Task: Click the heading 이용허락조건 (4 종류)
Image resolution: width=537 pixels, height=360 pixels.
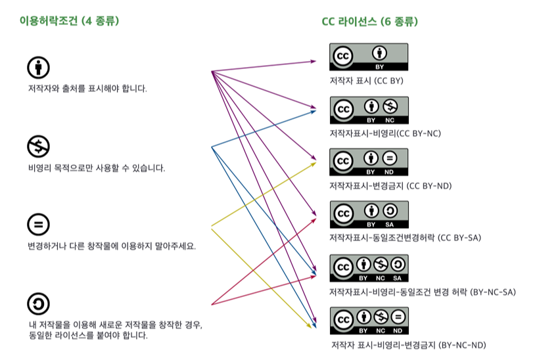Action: [x=69, y=21]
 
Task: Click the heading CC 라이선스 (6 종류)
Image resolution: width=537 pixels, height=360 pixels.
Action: [x=369, y=22]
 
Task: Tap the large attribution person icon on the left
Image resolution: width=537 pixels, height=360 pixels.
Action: [x=38, y=68]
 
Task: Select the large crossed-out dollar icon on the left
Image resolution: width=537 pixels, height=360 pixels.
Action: [x=38, y=146]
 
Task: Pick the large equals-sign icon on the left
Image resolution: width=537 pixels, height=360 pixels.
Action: [x=38, y=225]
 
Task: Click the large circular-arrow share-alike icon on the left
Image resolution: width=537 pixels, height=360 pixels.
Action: [x=38, y=304]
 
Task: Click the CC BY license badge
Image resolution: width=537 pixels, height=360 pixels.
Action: [x=369, y=56]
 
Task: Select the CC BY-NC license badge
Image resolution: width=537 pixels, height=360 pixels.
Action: [x=369, y=110]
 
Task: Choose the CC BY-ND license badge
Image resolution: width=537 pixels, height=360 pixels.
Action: [x=369, y=162]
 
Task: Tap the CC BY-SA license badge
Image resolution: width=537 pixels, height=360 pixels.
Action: [x=369, y=215]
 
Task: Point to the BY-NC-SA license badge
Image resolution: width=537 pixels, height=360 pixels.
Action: [x=369, y=268]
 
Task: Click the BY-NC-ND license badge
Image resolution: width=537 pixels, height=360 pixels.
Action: [x=369, y=321]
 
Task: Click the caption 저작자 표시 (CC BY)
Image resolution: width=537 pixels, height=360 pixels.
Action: [x=367, y=81]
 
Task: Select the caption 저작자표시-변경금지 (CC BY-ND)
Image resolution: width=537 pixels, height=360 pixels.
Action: [x=390, y=186]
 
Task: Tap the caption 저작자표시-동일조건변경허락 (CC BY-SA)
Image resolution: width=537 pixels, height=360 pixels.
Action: [x=405, y=238]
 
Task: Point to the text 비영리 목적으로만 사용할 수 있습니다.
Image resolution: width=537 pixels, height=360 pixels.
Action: [x=96, y=168]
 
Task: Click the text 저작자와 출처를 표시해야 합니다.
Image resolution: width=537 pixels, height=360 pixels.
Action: [x=87, y=89]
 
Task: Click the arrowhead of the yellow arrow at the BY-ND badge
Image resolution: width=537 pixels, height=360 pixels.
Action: [x=314, y=164]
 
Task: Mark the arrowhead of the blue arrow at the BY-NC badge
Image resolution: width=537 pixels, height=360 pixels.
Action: [x=313, y=112]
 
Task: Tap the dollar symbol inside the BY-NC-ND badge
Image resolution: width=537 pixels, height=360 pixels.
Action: [x=381, y=317]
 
